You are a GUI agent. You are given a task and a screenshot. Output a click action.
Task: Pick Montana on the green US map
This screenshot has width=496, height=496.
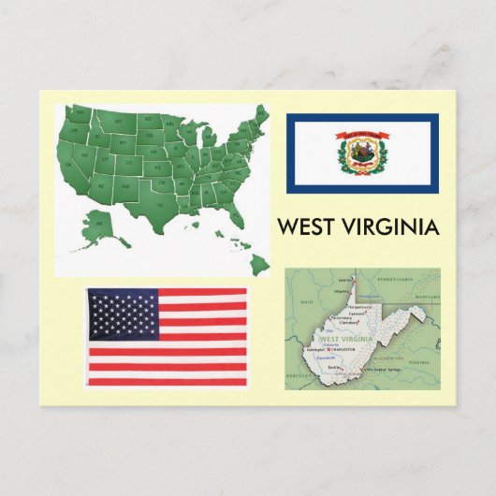coord(120,122)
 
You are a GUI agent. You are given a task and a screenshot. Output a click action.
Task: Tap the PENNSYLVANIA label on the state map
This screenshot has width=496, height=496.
coord(394,278)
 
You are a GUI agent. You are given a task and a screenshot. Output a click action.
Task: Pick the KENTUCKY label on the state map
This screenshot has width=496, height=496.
coord(300,374)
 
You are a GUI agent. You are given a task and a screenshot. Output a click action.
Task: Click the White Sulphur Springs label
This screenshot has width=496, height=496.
coord(387,369)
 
